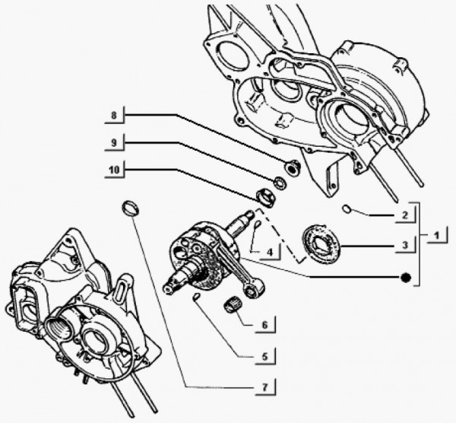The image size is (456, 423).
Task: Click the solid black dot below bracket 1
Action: (x=407, y=278)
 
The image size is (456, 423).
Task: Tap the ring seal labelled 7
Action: (x=131, y=208)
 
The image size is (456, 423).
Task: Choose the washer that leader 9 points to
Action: (x=279, y=183)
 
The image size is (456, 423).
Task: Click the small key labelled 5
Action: (x=197, y=296)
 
